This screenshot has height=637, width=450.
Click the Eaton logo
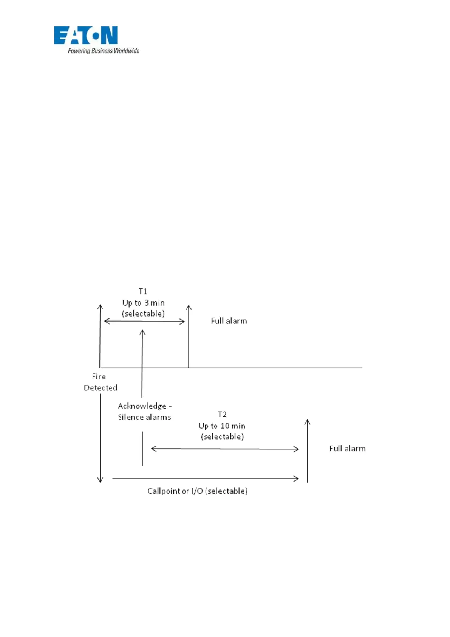tap(86, 36)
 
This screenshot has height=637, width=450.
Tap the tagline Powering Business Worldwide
tap(104, 51)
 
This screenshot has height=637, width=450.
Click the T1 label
tap(143, 291)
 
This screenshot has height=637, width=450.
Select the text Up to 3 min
tap(143, 303)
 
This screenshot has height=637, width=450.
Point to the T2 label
tap(222, 414)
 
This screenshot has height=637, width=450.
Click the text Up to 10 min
tap(222, 426)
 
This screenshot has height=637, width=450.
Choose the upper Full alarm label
tap(229, 321)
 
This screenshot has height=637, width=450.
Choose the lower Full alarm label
tap(347, 448)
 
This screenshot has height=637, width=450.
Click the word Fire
tap(99, 376)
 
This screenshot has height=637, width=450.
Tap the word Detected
tap(101, 388)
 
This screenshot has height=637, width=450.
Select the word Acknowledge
tap(142, 406)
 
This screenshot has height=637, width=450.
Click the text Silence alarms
tap(144, 417)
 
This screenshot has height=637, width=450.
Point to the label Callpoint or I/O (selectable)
tap(197, 491)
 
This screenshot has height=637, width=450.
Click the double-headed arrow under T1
tap(144, 322)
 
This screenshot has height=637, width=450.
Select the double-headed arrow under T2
tap(225, 449)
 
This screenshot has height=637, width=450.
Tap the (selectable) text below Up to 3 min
tap(143, 314)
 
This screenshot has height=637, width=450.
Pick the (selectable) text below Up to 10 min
tap(222, 437)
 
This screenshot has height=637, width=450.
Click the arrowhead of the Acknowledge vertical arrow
tap(142, 332)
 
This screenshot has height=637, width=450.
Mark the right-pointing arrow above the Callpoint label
tap(206, 479)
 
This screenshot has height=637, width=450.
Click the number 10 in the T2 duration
tap(225, 426)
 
